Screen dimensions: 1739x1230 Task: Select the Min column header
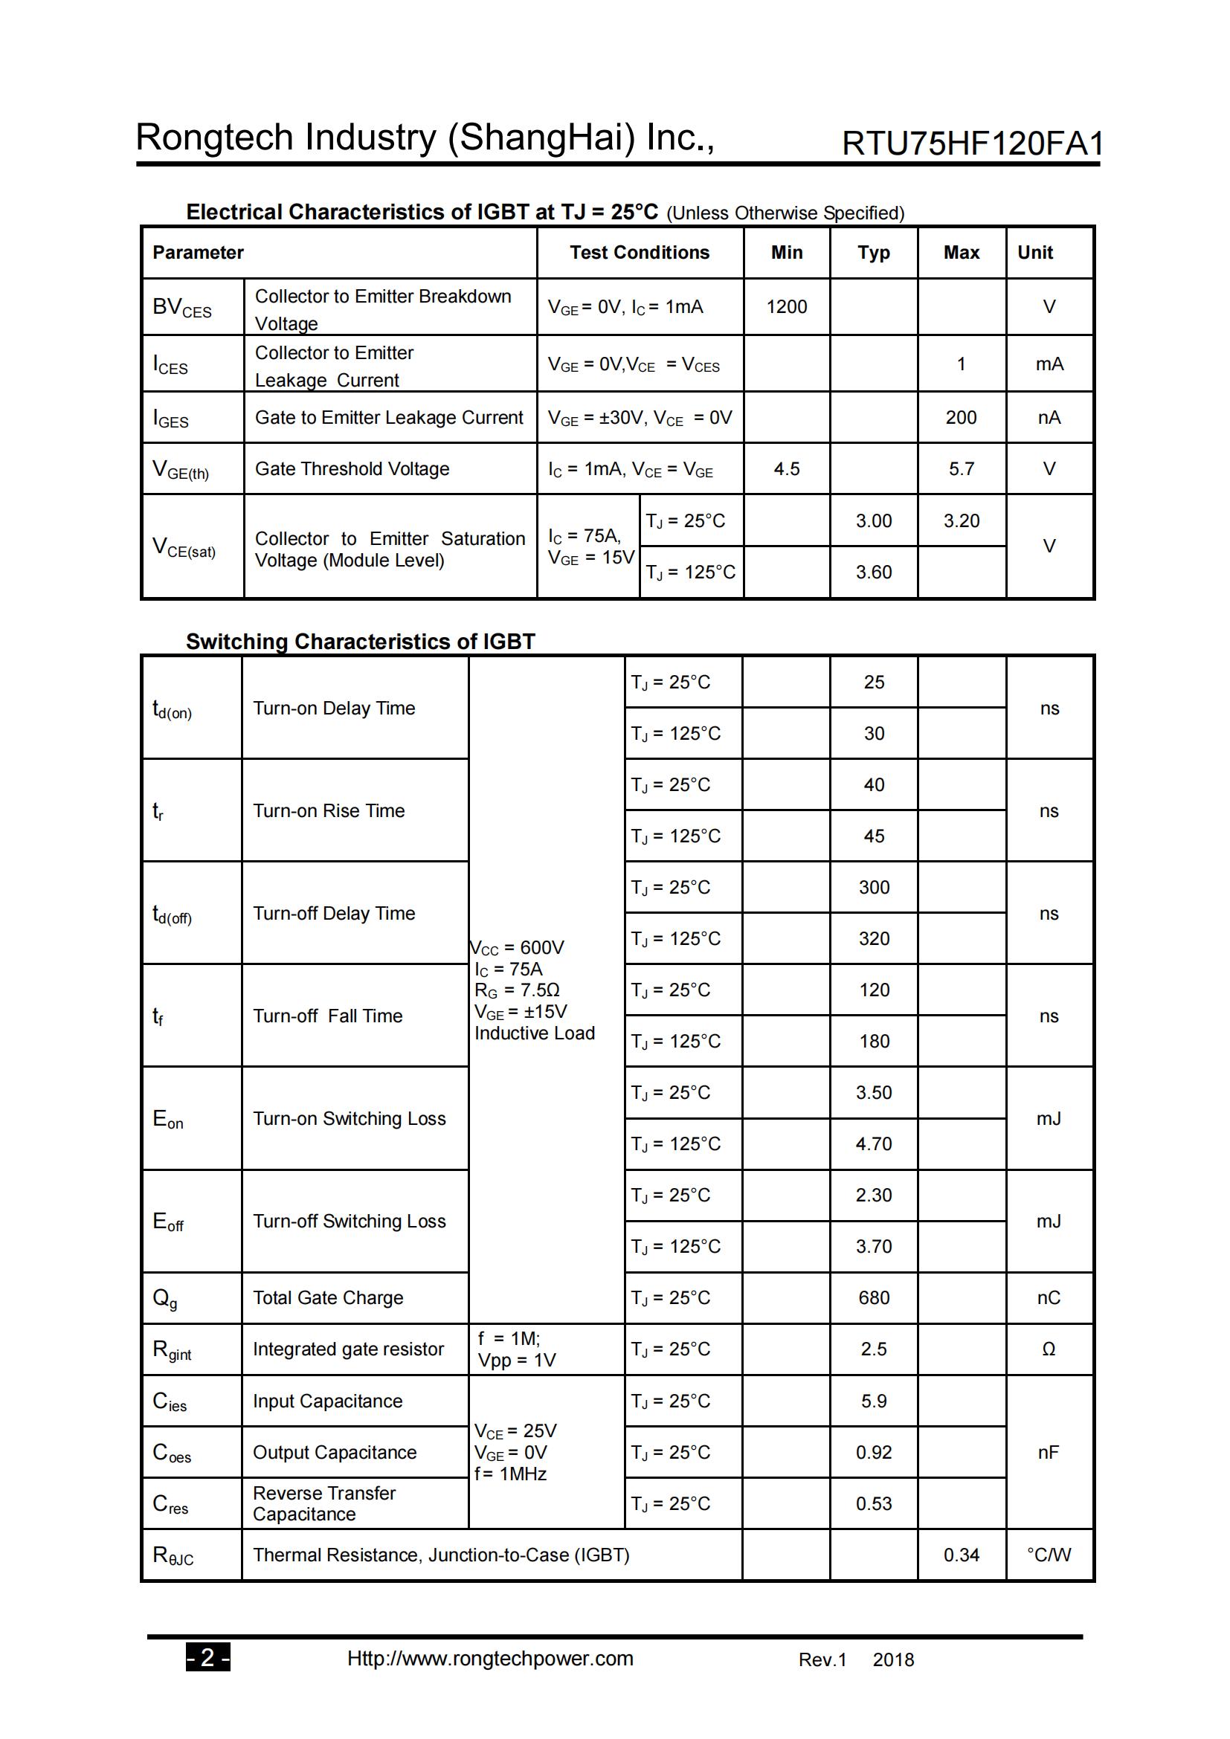[786, 252]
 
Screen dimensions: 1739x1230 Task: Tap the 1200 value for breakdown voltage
[786, 307]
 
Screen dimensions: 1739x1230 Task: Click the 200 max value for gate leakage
[960, 417]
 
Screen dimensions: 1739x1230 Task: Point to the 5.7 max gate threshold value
[961, 469]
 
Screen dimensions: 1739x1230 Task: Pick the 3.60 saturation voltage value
[873, 572]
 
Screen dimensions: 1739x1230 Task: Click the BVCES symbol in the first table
[181, 308]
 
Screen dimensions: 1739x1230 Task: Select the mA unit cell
[1049, 364]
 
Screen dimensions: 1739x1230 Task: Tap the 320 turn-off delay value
[873, 938]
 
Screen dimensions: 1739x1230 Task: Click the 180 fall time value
[873, 1042]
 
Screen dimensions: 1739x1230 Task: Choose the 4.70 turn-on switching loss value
[873, 1143]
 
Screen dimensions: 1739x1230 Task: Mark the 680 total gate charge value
[873, 1297]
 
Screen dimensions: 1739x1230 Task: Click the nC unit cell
[1049, 1297]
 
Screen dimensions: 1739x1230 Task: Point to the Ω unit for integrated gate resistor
[1049, 1349]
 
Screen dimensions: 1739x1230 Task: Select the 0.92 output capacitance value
[873, 1452]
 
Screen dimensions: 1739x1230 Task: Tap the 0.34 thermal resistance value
[960, 1555]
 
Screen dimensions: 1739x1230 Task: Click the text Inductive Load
[534, 1033]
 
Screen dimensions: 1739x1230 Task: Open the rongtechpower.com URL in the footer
[490, 1658]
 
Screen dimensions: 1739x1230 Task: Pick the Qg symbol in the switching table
[164, 1298]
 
